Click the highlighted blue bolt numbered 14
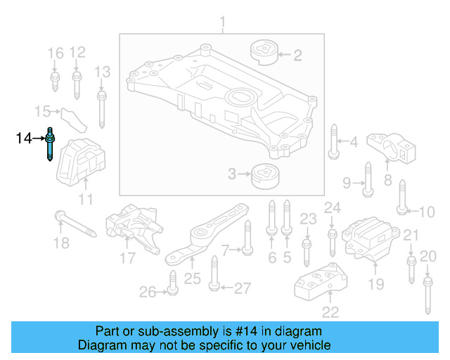click(51, 143)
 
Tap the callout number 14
click(24, 139)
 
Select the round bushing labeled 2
click(263, 53)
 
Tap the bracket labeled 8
click(397, 146)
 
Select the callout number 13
click(103, 72)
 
